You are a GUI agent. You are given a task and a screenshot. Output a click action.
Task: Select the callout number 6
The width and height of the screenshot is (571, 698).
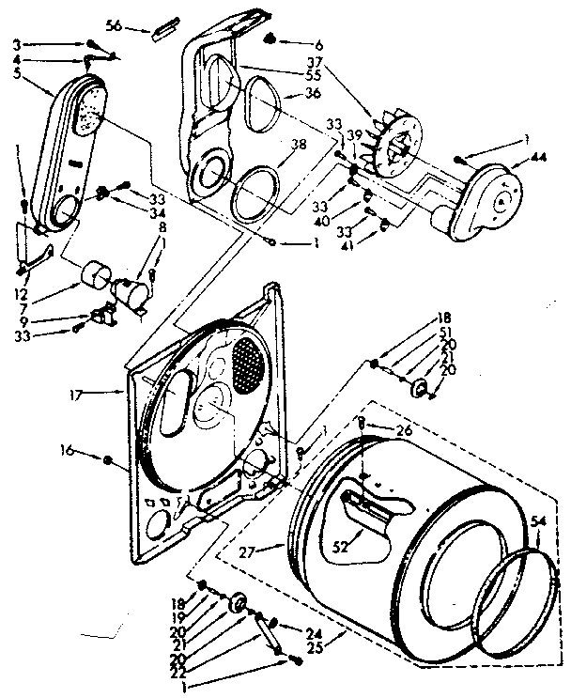pos(293,45)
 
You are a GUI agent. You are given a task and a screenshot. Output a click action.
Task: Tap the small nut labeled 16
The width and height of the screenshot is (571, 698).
pos(108,459)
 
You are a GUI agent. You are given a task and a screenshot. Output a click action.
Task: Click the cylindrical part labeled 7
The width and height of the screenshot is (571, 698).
pos(95,276)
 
